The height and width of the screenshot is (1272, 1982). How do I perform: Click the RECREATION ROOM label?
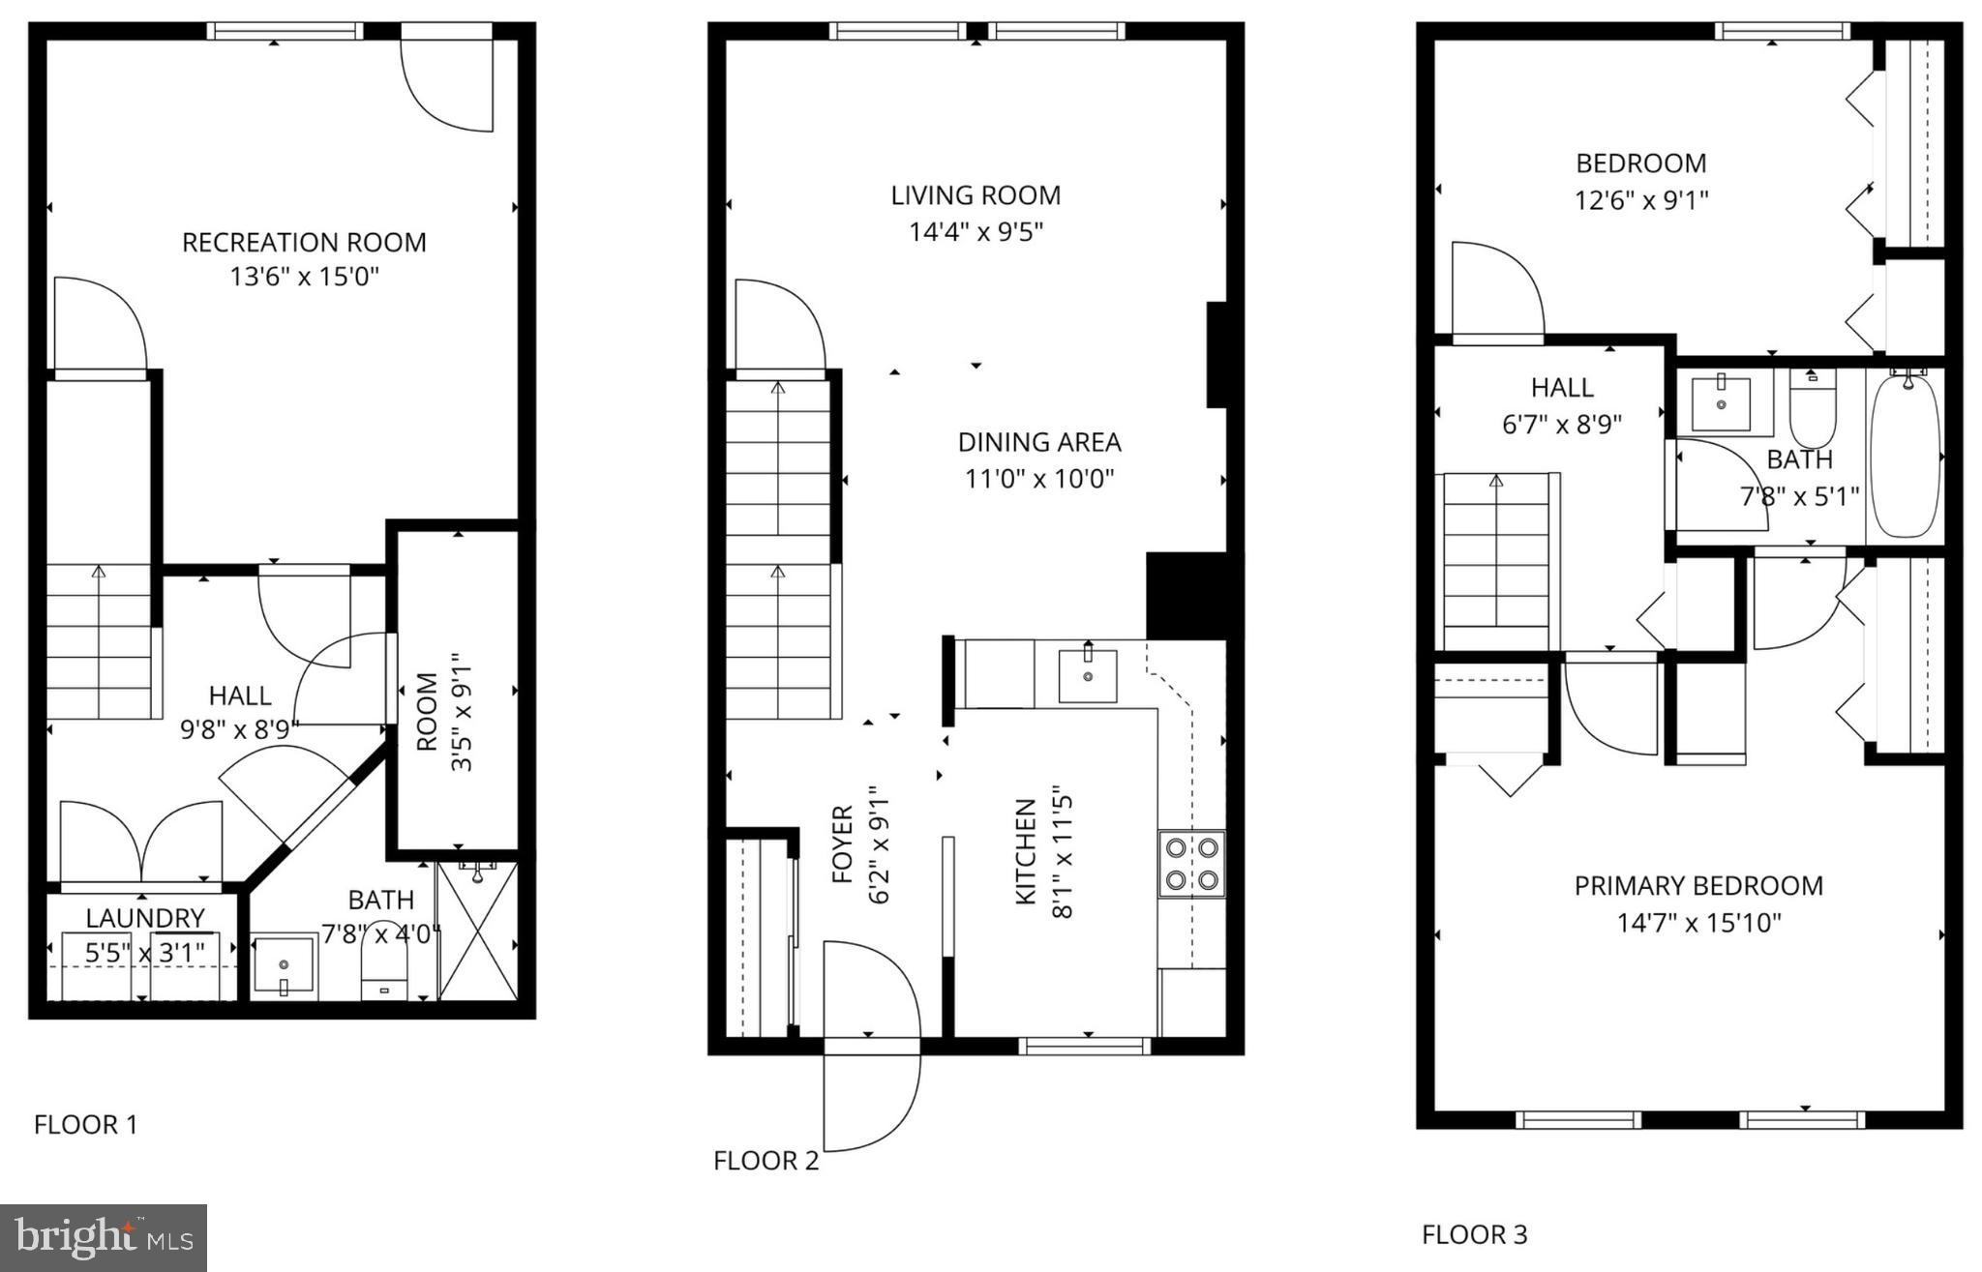click(304, 242)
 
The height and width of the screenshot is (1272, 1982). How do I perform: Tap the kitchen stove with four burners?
click(1191, 864)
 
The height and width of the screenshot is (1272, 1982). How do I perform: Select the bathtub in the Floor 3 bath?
click(1905, 456)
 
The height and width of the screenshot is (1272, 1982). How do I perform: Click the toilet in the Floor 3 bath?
click(1813, 410)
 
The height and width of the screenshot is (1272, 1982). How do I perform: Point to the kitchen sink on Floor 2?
click(1088, 674)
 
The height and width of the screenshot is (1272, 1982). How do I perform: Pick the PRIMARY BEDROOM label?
click(1698, 886)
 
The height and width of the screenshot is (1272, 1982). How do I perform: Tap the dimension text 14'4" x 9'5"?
click(976, 232)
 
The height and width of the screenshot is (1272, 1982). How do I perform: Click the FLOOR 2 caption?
click(766, 1161)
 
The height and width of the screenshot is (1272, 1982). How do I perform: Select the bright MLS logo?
click(104, 1237)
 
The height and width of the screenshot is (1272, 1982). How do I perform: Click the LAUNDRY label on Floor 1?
click(145, 918)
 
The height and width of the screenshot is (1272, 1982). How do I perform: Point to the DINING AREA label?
click(1039, 442)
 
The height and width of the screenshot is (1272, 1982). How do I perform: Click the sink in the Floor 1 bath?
click(284, 965)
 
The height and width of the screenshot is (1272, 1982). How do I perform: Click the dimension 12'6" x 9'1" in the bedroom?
click(1640, 200)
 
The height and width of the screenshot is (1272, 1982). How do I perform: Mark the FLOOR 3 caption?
click(1474, 1234)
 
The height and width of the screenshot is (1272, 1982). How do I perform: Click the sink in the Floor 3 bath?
click(1721, 403)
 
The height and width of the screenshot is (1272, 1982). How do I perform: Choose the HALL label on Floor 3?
click(1562, 388)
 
